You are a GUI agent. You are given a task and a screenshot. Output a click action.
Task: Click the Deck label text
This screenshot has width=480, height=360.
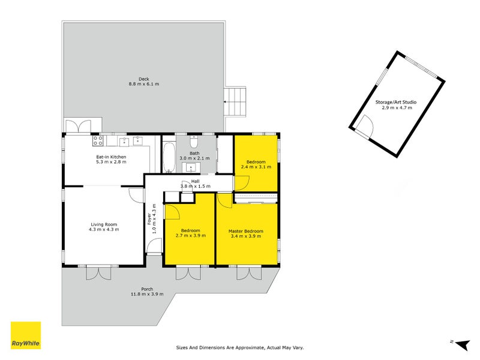tap(144, 79)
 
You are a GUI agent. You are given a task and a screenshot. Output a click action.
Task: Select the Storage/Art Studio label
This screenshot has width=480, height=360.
tap(395, 103)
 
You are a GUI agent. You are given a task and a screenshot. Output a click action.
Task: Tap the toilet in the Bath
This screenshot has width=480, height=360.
tap(194, 142)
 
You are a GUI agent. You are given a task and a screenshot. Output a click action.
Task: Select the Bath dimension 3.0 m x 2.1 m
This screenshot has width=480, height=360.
tap(195, 159)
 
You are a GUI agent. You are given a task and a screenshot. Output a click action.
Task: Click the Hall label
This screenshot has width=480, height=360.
tap(195, 181)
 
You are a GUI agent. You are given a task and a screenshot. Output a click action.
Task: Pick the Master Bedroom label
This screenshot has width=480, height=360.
tap(246, 231)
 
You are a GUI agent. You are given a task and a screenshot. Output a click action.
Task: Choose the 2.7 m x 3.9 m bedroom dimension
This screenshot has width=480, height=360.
tap(191, 236)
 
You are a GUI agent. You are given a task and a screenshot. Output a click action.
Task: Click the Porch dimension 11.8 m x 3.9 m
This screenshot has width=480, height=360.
tap(146, 294)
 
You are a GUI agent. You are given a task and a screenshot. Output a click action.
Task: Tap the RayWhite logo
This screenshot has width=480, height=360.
tap(26, 336)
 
